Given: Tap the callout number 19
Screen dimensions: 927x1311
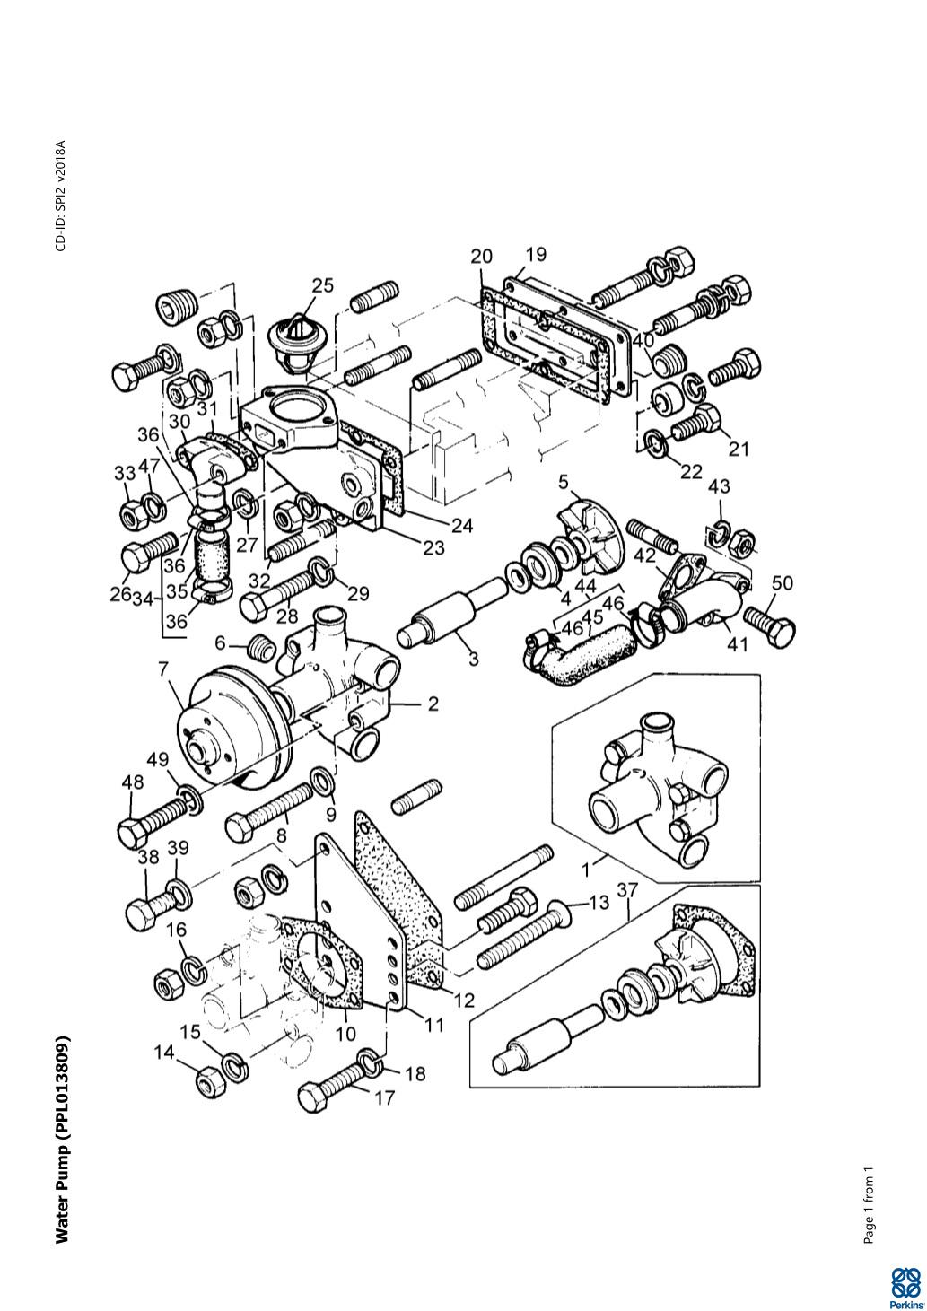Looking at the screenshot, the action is pyautogui.click(x=536, y=255).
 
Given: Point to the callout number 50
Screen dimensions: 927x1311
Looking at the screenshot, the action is pyautogui.click(x=782, y=583).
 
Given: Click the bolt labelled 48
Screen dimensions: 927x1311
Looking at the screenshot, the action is pyautogui.click(x=157, y=817).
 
